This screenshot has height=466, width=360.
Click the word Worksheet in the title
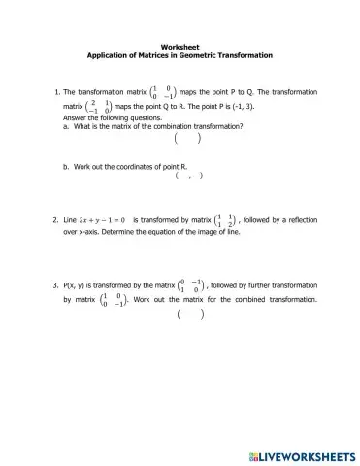[x=180, y=46]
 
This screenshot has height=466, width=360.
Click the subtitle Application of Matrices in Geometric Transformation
[x=180, y=55]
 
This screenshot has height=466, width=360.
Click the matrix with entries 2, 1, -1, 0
[x=97, y=105]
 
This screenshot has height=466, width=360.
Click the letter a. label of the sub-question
[x=65, y=126]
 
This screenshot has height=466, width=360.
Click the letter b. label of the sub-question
[x=65, y=166]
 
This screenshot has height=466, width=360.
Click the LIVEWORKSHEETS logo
[x=303, y=454]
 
